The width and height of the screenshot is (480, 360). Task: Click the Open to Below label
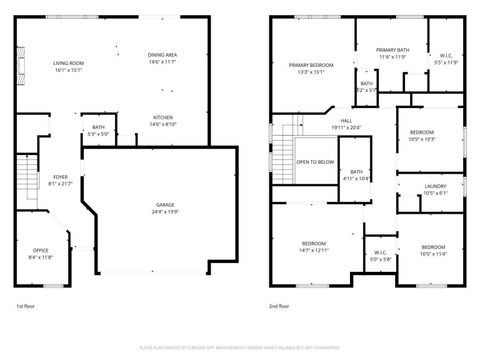[314, 162]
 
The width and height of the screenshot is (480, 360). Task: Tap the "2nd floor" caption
[280, 306]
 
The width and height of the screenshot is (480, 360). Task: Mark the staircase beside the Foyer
[27, 181]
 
